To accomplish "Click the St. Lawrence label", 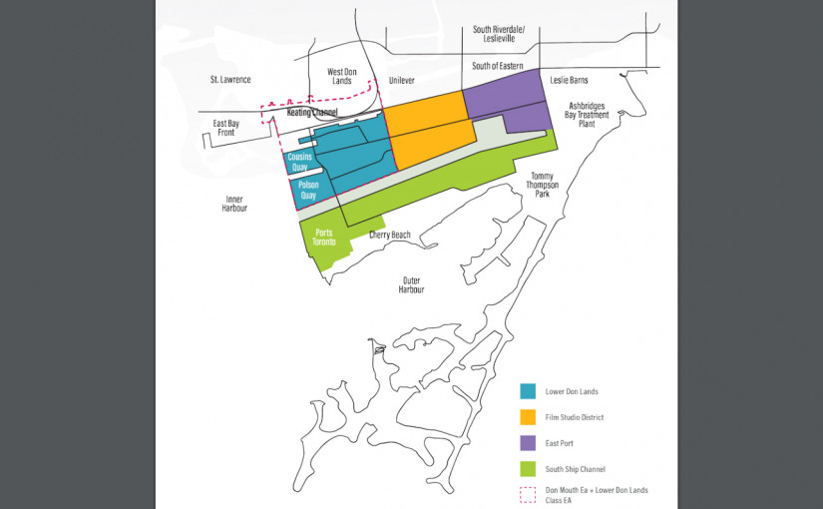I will click(230, 79).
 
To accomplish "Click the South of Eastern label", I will click(498, 66).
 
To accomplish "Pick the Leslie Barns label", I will click(569, 79).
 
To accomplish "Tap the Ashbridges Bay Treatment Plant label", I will click(588, 114).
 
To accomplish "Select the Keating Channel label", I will click(312, 113).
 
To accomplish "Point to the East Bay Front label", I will click(226, 128).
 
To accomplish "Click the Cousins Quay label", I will click(300, 162).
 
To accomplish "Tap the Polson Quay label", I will click(308, 190).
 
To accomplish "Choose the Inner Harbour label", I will click(234, 204).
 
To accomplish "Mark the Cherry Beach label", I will click(389, 235).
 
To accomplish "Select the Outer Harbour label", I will click(412, 284).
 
